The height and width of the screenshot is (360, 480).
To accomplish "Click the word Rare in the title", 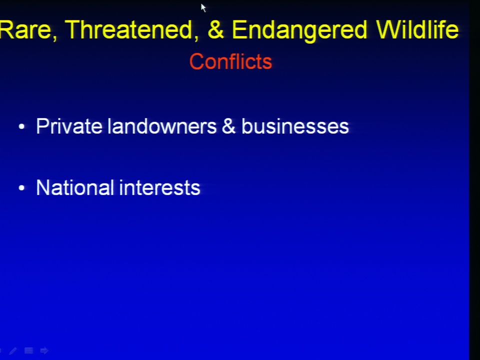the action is (25, 30).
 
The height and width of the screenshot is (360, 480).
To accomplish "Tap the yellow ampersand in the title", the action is (216, 29).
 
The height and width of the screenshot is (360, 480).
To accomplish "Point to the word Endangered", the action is (299, 31).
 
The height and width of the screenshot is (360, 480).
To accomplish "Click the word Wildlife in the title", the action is (417, 29).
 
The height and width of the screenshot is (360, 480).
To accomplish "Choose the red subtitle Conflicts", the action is (230, 61).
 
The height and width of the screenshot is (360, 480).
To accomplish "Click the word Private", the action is (69, 126).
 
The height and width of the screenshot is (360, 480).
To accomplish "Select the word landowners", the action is (162, 126).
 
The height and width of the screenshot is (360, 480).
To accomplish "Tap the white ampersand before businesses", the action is (228, 126).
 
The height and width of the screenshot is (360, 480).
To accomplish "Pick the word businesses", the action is (295, 126).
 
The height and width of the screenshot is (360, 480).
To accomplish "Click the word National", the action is (75, 187).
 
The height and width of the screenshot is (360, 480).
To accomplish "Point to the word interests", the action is (159, 187).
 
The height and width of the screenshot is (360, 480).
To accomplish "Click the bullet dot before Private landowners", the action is (21, 126).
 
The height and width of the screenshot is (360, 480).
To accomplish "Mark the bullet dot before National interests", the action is (21, 187).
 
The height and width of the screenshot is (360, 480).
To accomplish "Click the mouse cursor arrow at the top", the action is (203, 7).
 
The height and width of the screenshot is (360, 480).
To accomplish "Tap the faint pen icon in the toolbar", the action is (13, 351).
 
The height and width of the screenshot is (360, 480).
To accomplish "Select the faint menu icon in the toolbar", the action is (29, 350).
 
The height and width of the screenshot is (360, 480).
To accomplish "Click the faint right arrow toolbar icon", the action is (44, 350).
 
